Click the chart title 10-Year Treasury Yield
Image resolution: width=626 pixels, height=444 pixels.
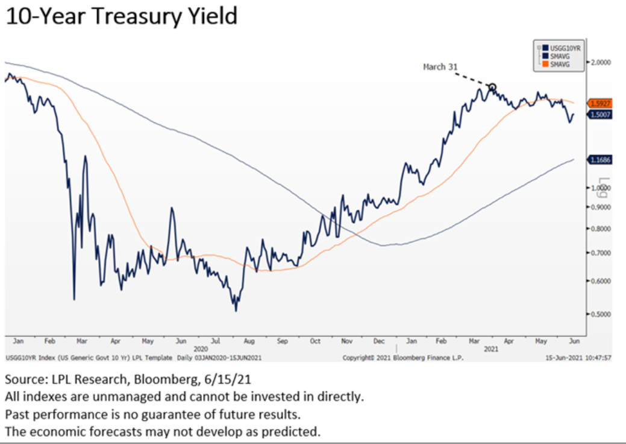(121, 16)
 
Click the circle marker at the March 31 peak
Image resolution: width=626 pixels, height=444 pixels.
(492, 87)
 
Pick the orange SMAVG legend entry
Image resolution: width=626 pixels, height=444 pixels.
(557, 63)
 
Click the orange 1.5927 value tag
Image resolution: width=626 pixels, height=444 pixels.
(599, 104)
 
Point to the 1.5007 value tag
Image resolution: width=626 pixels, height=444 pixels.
(599, 115)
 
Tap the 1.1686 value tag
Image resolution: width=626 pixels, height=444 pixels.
(599, 160)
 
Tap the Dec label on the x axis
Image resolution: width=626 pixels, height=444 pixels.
(380, 341)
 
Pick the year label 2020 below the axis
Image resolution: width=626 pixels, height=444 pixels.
(201, 349)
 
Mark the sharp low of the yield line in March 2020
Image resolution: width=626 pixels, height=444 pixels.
(74, 299)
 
